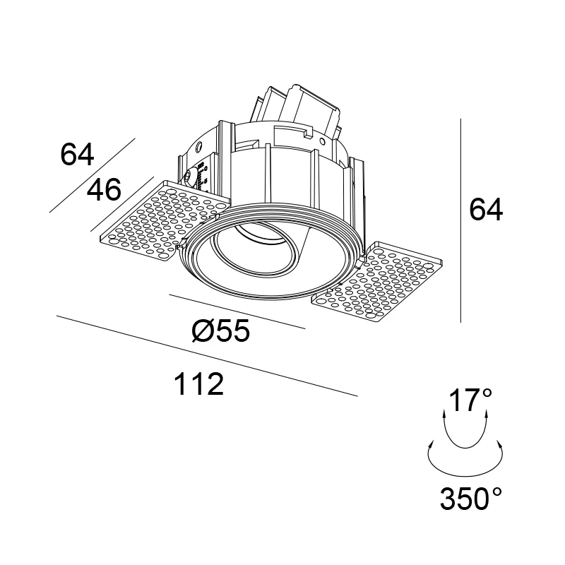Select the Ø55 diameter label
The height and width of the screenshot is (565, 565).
[220, 331]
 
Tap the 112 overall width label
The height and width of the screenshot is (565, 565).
[199, 384]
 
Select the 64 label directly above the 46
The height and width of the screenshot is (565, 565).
[78, 154]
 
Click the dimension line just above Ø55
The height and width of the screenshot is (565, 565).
[237, 311]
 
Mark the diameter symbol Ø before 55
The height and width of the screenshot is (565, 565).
[202, 331]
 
